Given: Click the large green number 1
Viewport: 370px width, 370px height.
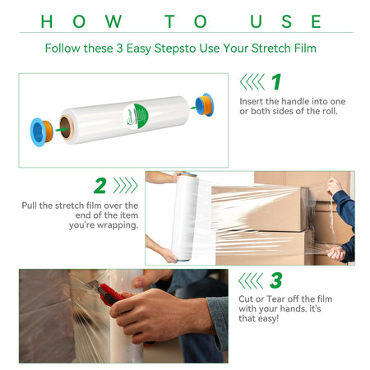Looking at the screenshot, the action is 276,81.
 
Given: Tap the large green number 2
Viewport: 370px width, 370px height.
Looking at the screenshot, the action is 99,186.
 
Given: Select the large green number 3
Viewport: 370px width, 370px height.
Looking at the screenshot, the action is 275,280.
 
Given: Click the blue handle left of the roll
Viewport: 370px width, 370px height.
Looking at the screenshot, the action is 41,132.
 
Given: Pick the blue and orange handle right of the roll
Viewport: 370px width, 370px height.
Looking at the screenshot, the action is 205,105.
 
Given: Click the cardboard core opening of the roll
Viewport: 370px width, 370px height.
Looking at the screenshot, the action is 66,128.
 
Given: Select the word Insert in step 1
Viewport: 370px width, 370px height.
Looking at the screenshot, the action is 252,101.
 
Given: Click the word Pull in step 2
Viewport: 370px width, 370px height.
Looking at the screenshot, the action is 30,206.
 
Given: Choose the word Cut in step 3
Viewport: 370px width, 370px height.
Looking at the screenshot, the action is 246,298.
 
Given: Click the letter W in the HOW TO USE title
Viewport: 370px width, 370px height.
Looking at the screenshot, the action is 113,21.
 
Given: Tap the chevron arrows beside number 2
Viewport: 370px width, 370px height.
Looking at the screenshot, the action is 126,186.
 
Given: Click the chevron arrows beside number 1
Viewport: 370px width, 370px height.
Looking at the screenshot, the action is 252,81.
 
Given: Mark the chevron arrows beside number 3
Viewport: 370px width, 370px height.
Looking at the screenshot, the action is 251,280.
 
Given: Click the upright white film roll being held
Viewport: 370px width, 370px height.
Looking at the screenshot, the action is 184,217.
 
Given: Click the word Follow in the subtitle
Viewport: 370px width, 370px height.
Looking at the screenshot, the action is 62,49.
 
